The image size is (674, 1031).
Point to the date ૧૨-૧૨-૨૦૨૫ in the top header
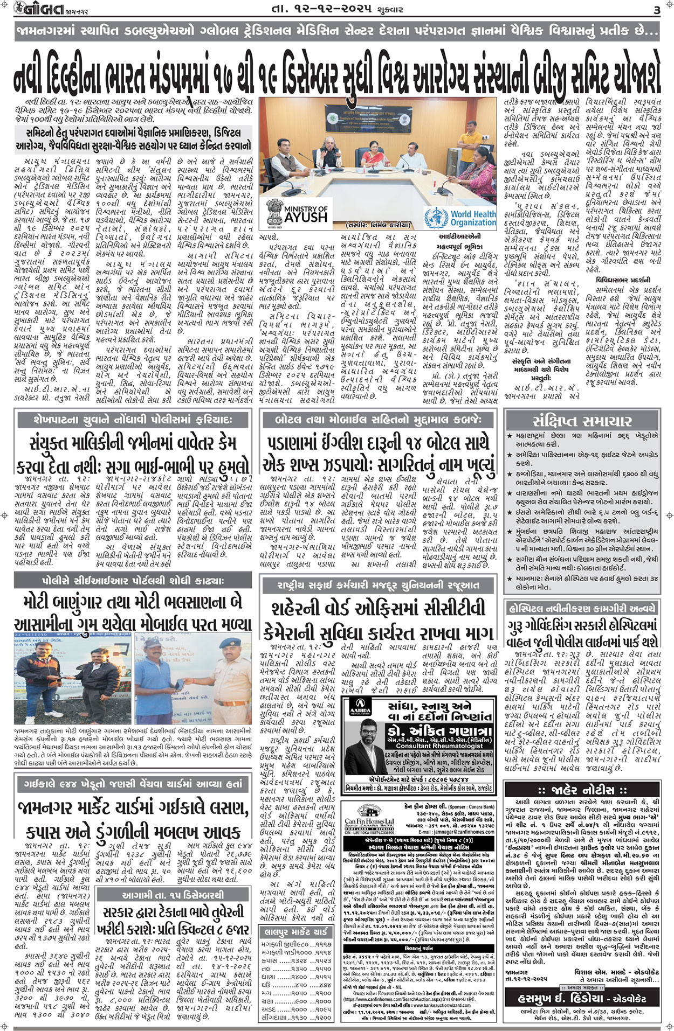324,9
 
